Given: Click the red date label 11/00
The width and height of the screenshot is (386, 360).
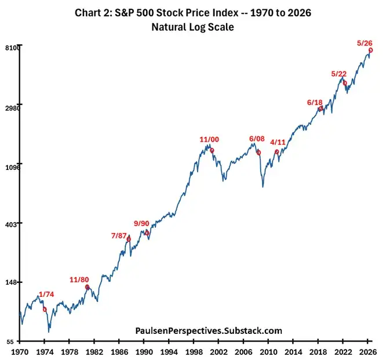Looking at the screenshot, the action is pyautogui.click(x=209, y=140).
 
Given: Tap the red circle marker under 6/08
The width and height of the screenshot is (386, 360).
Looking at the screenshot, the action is pyautogui.click(x=258, y=153).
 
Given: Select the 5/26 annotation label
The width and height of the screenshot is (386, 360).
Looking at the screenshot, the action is pyautogui.click(x=365, y=43).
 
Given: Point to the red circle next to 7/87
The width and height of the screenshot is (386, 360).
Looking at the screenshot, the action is pyautogui.click(x=129, y=239).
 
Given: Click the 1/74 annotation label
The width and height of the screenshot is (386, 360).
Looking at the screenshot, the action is pyautogui.click(x=46, y=294).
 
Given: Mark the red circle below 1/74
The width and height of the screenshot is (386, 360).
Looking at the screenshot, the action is pyautogui.click(x=45, y=310).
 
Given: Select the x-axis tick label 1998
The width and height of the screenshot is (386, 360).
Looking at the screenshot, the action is pyautogui.click(x=194, y=352).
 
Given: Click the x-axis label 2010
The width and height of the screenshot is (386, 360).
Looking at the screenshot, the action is pyautogui.click(x=268, y=352).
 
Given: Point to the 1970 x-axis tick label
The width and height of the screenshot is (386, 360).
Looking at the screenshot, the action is pyautogui.click(x=20, y=352).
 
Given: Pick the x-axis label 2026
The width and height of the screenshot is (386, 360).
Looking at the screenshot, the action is pyautogui.click(x=368, y=352).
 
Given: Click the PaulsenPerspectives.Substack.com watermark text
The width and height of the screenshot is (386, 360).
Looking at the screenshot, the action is pyautogui.click(x=209, y=330).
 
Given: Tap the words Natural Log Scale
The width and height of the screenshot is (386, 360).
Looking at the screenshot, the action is pyautogui.click(x=193, y=27).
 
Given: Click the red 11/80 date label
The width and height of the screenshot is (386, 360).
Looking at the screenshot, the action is pyautogui.click(x=79, y=280).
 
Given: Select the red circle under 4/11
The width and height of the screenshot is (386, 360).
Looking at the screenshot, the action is pyautogui.click(x=276, y=152).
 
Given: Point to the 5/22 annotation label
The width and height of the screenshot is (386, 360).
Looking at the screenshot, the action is pyautogui.click(x=338, y=74).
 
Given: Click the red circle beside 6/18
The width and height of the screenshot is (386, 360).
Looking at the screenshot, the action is pyautogui.click(x=321, y=108).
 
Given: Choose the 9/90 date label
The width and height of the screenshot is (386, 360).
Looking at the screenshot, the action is pyautogui.click(x=141, y=223).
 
